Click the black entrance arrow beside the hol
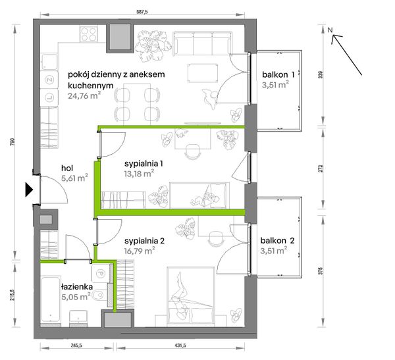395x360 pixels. (29, 190)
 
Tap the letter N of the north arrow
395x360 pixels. (330, 30)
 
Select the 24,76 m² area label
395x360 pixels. (84, 95)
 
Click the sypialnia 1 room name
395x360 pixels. (144, 164)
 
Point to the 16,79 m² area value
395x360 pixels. (140, 251)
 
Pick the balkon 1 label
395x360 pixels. (278, 74)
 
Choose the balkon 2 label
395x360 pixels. (277, 241)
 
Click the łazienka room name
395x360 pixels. (77, 287)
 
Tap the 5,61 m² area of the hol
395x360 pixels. (74, 178)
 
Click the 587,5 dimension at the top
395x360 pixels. (142, 12)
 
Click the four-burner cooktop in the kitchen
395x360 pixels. (89, 34)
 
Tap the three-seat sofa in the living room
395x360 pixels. (202, 43)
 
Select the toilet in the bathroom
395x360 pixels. (100, 295)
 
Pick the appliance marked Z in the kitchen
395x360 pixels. (49, 80)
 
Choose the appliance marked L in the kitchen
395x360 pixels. (49, 97)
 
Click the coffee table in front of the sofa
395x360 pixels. (203, 73)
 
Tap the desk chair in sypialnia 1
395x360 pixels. (193, 151)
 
